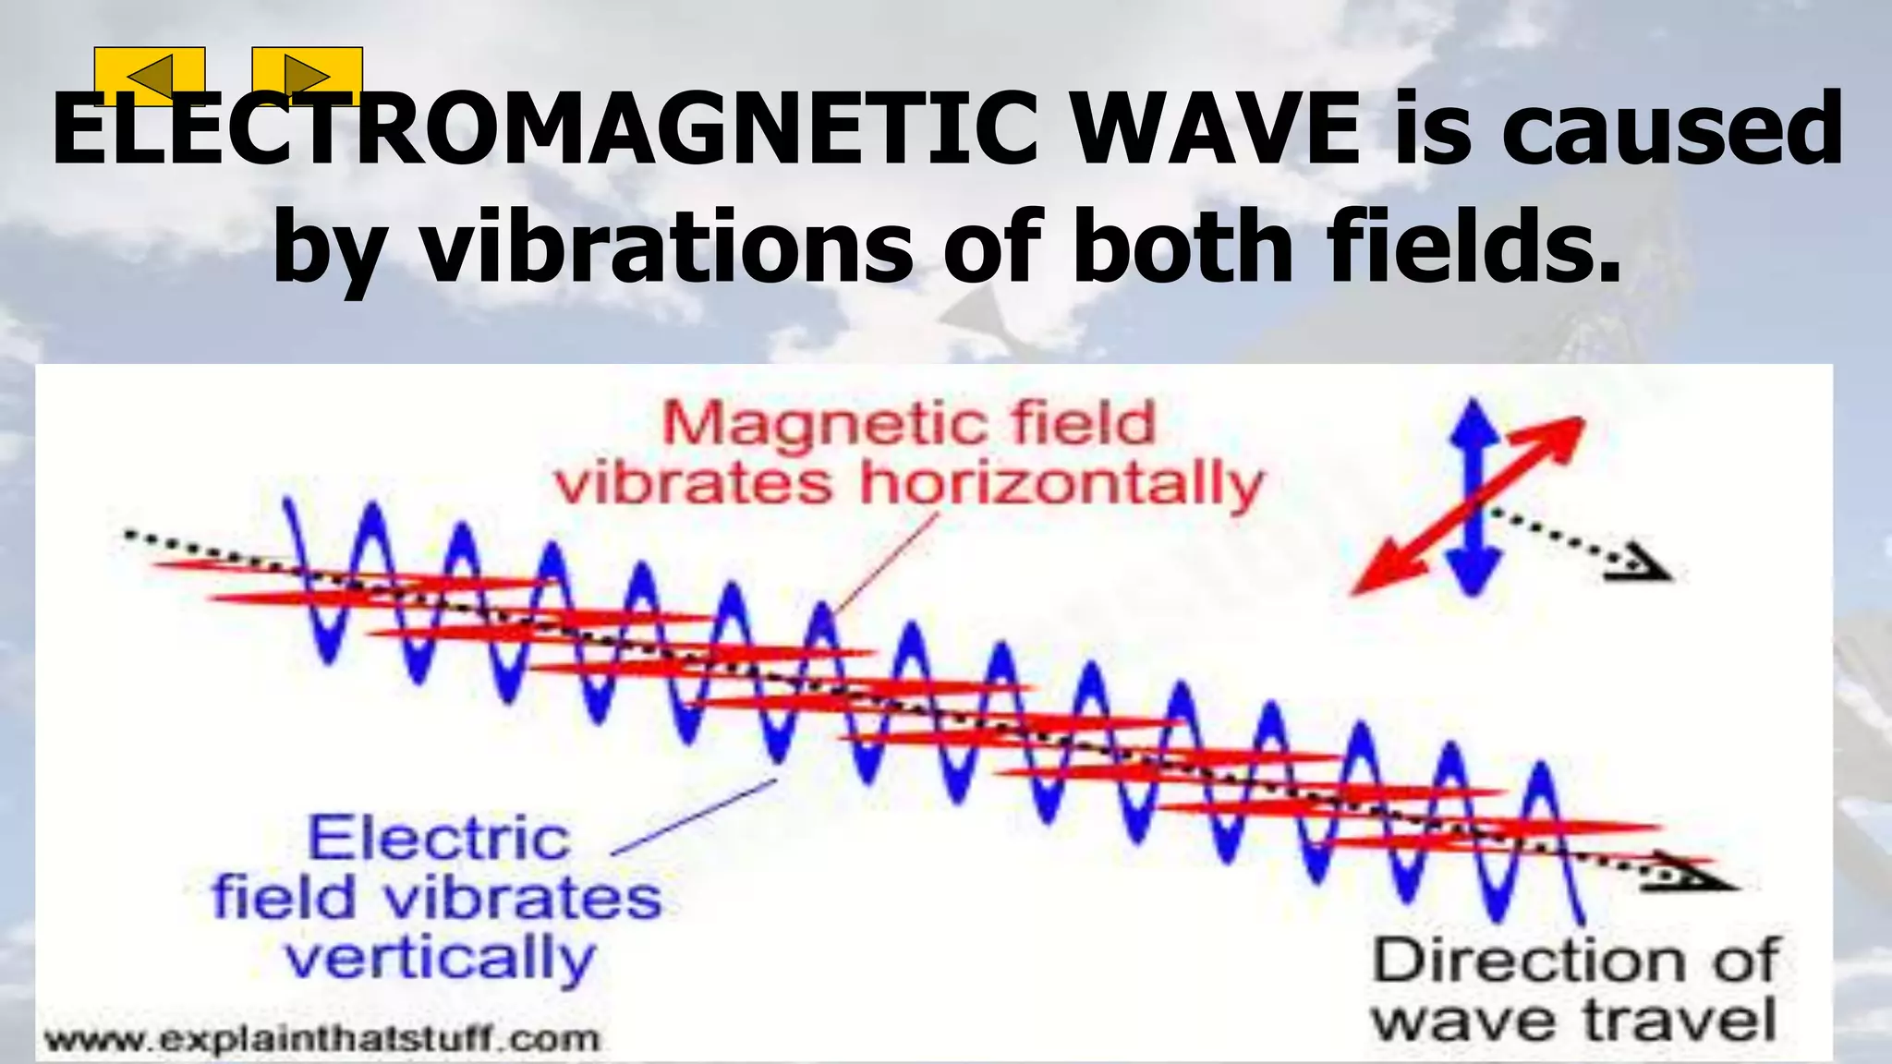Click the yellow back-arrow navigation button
(x=150, y=76)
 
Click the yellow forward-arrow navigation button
(x=307, y=76)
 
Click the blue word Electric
(x=438, y=839)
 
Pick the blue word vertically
(x=440, y=961)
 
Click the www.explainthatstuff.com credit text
(x=321, y=1038)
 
